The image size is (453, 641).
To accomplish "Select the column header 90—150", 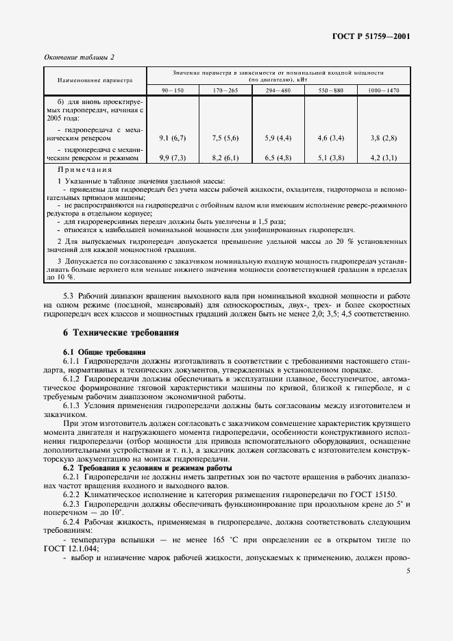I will coord(173,90).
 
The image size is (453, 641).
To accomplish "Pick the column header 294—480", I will coord(278,90).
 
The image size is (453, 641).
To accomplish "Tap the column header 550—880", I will coord(330,90).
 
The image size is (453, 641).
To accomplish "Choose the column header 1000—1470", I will coord(384,90).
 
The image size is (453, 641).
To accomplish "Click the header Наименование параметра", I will coord(95,81).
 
